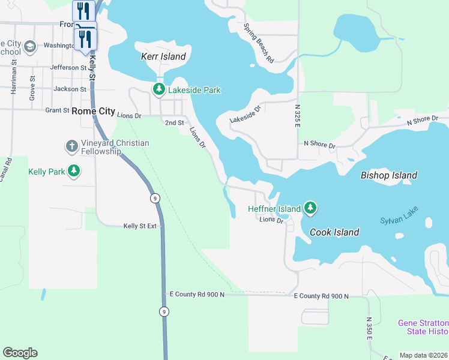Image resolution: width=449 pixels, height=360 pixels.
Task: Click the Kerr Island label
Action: [x=163, y=56]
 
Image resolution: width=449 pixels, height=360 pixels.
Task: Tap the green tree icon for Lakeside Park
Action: [x=158, y=90]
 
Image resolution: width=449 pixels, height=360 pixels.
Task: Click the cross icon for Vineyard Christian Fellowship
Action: [x=71, y=146]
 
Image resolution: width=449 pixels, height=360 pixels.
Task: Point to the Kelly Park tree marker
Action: [x=74, y=172]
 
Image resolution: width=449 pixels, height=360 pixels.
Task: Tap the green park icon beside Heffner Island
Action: [x=310, y=208]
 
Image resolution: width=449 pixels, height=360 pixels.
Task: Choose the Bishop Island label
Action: [x=388, y=175]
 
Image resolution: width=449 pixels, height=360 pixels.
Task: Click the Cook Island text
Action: [x=334, y=232]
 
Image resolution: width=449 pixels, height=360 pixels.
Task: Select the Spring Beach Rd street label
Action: [x=259, y=43]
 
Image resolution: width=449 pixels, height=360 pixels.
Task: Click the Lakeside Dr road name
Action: [x=246, y=115]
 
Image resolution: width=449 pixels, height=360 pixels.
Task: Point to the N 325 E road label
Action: [x=297, y=115]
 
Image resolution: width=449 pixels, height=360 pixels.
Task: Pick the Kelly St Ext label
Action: [x=140, y=226]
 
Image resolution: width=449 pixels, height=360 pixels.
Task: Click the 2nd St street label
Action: [x=174, y=122]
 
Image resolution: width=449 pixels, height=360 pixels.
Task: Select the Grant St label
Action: [x=58, y=110]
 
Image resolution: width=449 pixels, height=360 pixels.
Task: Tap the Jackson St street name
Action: [x=65, y=89]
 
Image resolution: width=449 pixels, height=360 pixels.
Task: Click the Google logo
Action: [x=20, y=352]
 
